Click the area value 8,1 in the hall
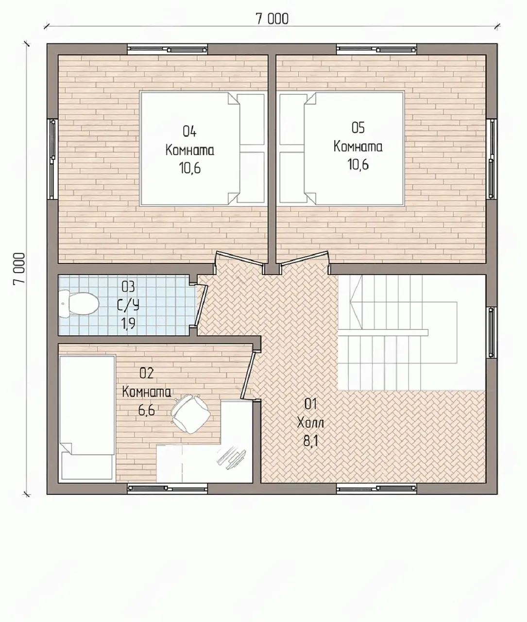tap(310, 442)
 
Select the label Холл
tap(310, 423)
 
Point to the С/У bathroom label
tap(128, 306)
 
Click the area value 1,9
tap(128, 324)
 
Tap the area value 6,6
tap(147, 410)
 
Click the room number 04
tap(189, 132)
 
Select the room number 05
tap(358, 128)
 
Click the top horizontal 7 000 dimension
tap(272, 19)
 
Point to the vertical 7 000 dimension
tap(19, 269)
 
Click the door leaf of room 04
tap(240, 258)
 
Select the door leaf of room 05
tap(305, 258)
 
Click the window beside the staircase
tap(492, 333)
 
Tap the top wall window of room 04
tap(167, 49)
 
